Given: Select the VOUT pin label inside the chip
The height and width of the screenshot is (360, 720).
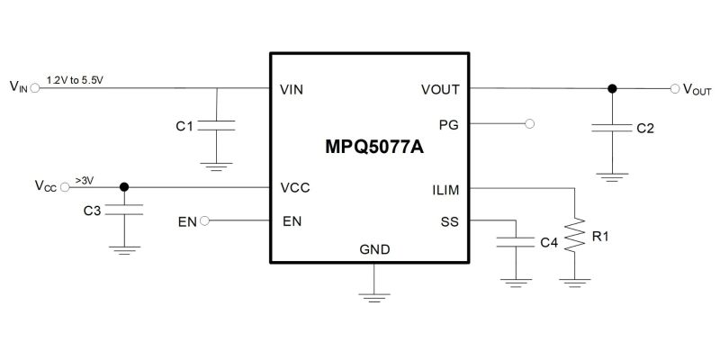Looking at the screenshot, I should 440,89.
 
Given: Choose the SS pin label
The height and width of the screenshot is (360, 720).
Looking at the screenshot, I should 450,221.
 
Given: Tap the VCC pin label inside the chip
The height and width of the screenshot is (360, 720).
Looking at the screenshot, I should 296,189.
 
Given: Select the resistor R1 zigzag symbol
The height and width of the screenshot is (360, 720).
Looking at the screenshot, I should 572,240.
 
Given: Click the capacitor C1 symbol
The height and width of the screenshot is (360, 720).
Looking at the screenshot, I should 216,125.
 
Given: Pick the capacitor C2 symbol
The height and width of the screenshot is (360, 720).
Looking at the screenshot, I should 612,128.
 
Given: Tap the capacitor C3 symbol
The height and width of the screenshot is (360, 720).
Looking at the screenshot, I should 124,210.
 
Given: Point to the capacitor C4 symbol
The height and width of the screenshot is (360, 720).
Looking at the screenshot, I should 516,242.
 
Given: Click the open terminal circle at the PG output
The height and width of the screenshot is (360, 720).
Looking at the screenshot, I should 529,123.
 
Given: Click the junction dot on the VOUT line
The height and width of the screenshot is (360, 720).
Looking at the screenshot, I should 612,89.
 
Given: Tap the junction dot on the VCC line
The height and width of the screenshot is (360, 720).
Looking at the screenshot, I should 124,188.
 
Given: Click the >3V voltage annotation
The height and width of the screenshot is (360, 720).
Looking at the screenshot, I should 85,180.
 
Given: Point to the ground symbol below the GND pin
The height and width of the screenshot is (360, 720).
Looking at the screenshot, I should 369,292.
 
